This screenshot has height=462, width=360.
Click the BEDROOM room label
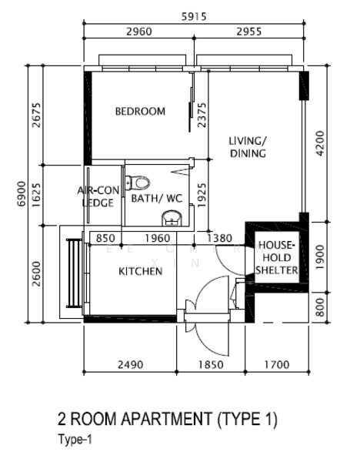point(140,112)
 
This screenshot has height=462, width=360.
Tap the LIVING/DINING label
point(248,147)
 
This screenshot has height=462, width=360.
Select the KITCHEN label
point(141,271)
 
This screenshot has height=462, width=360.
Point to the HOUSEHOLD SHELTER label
point(276,257)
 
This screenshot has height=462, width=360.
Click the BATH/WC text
point(157,199)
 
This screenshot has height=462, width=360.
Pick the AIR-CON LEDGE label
point(98,196)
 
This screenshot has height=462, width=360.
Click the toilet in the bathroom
point(138,182)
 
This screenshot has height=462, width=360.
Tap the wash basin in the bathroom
point(172,218)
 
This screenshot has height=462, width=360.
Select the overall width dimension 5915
point(194,16)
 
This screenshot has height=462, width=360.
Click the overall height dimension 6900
point(22,193)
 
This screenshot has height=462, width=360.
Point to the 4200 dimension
point(320,143)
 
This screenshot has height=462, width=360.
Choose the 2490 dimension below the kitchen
point(131,365)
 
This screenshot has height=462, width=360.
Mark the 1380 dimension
point(219,238)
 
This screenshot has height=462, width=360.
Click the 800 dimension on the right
point(320,307)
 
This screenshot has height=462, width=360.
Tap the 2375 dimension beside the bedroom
point(202,115)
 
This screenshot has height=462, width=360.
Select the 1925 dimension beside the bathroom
point(202,195)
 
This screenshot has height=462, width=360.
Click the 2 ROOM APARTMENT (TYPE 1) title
point(167,419)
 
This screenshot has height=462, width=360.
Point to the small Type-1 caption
point(75,440)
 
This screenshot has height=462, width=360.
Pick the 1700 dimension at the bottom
point(277,365)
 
